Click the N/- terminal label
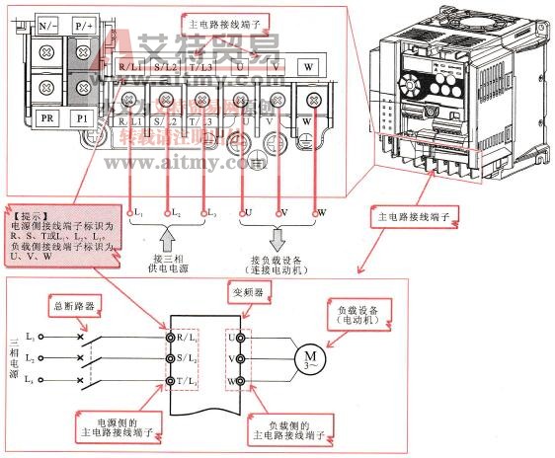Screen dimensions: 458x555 coord(47,21)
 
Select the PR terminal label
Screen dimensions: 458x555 coord(47,117)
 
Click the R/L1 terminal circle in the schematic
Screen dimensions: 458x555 coord(169,336)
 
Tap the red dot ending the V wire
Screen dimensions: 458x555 coord(282,211)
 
